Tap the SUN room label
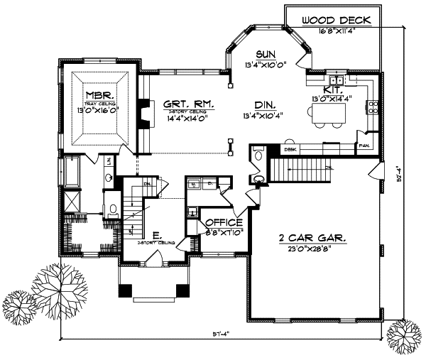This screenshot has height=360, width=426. pyautogui.click(x=266, y=54)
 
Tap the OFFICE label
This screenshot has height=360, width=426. pyautogui.click(x=224, y=222)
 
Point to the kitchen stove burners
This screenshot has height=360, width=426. pyautogui.click(x=371, y=108)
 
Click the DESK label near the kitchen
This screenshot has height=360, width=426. pyautogui.click(x=290, y=151)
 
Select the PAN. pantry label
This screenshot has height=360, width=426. pyautogui.click(x=365, y=145)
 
